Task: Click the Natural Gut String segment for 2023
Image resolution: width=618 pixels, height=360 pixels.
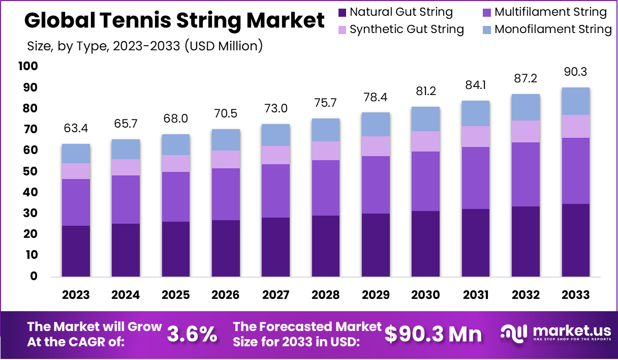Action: (76, 251)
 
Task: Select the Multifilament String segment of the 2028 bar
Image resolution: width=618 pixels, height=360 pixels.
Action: (326, 188)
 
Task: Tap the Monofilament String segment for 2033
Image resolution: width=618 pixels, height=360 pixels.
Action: (576, 101)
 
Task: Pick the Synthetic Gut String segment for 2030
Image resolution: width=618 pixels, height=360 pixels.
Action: (426, 141)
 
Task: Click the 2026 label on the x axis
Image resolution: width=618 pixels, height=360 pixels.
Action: (226, 295)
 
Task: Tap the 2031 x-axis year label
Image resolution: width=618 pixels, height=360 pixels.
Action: (476, 295)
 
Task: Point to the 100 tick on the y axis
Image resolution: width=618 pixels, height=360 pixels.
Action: (27, 66)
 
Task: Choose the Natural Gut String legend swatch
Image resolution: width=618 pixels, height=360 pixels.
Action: (342, 12)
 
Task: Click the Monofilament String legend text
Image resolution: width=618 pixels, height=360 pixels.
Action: (553, 29)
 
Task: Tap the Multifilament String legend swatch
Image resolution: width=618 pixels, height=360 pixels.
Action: (486, 12)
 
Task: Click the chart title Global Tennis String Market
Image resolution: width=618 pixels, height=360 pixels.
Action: (174, 21)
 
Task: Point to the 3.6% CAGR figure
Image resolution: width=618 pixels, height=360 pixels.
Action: (192, 335)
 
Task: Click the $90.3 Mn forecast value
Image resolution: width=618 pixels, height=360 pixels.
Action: (433, 334)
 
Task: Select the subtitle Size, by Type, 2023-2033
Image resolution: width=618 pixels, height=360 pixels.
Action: (144, 46)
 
